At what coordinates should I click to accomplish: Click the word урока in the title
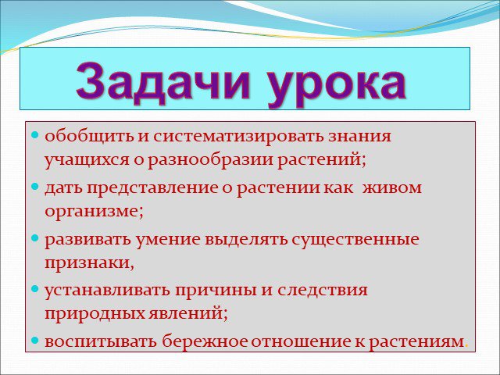click(337, 85)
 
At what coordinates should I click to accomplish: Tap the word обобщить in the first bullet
click(89, 136)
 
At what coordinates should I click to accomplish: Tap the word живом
click(392, 187)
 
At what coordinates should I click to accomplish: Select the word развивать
click(87, 240)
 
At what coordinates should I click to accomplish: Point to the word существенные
click(355, 240)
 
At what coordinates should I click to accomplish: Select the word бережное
click(205, 341)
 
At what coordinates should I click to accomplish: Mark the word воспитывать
click(101, 342)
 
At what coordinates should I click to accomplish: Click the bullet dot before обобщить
click(35, 134)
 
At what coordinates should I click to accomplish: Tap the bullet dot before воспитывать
click(35, 341)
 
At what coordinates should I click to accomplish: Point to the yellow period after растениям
click(467, 346)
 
